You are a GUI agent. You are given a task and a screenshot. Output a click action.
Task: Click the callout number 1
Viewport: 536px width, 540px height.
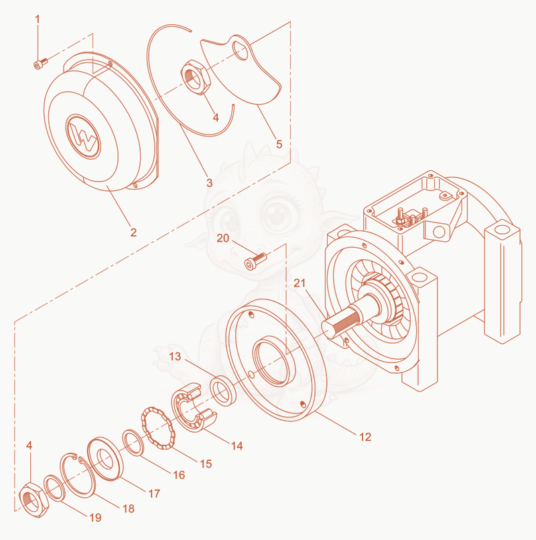pyautogui.click(x=38, y=19)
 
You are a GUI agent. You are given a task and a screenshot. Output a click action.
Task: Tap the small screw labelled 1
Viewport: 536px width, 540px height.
pyautogui.click(x=40, y=64)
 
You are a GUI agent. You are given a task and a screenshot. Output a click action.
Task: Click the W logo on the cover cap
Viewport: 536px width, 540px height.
pyautogui.click(x=83, y=137)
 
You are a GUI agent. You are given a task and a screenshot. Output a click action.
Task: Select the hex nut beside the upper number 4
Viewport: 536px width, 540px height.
pyautogui.click(x=196, y=77)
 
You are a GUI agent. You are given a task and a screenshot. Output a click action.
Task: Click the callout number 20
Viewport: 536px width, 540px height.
pyautogui.click(x=223, y=238)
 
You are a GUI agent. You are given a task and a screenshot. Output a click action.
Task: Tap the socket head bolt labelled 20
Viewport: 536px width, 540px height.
pyautogui.click(x=255, y=261)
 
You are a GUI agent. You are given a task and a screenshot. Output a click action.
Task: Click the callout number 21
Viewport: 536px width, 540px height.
pyautogui.click(x=299, y=283)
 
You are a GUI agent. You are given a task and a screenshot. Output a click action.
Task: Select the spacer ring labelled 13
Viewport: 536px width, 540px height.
pyautogui.click(x=223, y=391)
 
